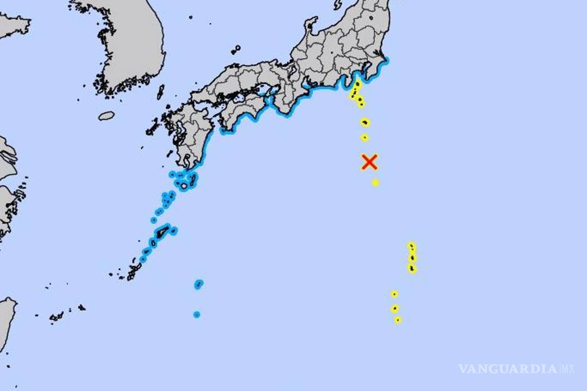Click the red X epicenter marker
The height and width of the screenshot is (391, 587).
coord(369,162)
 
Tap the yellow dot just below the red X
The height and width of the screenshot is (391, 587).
coord(375,182)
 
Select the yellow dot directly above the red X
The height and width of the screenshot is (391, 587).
coord(364,137)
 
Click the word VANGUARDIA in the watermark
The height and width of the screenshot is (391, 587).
coord(508,369)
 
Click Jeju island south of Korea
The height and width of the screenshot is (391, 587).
coord(106,116)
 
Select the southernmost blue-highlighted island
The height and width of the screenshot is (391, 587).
coord(196,314)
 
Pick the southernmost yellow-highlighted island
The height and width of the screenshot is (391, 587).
coord(398,320)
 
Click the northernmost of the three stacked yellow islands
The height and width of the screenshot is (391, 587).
coord(411,246)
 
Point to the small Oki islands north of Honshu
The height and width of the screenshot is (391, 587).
coord(236,49)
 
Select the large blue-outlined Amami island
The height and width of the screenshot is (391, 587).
coord(162,231)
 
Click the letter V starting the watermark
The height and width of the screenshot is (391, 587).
coord(463,369)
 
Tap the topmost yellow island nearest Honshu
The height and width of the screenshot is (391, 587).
coord(358,84)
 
